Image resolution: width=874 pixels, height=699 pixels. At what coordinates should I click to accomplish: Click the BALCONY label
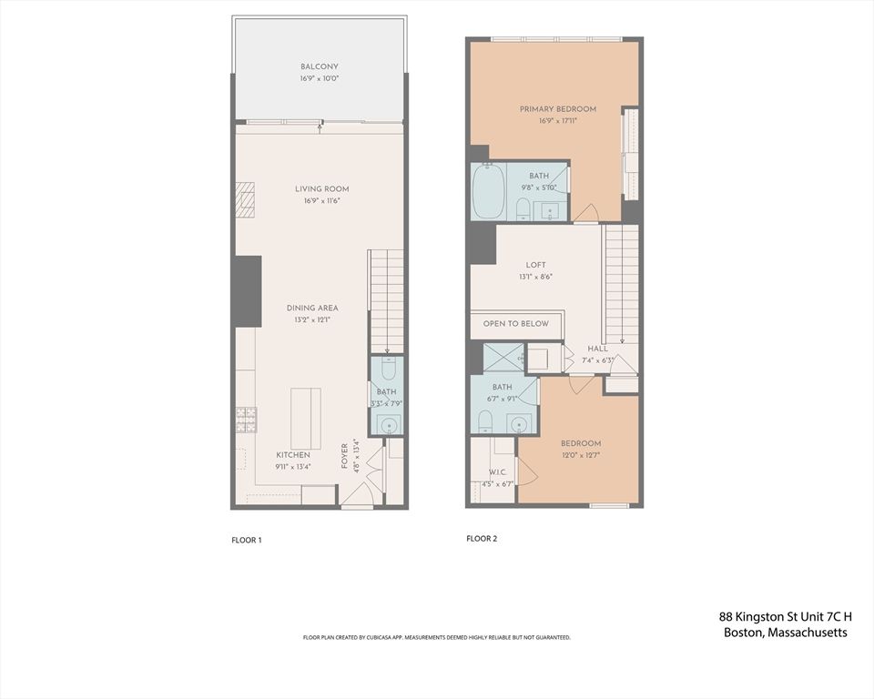coord(319,67)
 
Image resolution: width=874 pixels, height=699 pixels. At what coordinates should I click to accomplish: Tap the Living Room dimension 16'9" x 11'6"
coord(321,201)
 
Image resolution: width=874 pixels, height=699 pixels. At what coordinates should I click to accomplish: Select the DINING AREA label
coord(312,309)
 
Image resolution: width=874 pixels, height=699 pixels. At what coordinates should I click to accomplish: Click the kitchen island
coord(306,415)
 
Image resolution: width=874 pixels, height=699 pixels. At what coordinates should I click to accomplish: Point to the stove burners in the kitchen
coord(245,420)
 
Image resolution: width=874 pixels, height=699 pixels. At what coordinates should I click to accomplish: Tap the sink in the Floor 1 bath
coord(388,424)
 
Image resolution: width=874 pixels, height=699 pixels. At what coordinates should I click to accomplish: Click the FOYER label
coord(345,455)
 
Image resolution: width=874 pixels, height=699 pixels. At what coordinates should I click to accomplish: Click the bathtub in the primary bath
coord(488,192)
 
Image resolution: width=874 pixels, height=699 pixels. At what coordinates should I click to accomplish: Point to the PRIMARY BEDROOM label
coord(557,109)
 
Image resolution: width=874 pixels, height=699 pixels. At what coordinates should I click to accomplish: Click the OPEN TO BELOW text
coord(515,324)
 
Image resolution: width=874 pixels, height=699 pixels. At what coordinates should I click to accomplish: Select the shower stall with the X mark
coord(503,358)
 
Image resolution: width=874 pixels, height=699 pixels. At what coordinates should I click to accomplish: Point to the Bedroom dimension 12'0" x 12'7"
coord(580,455)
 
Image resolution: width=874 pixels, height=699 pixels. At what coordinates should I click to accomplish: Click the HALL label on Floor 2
coord(597,349)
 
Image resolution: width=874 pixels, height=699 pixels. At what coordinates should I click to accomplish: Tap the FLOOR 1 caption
coord(247,540)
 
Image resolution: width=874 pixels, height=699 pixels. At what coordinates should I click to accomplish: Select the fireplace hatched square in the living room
coord(245,200)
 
